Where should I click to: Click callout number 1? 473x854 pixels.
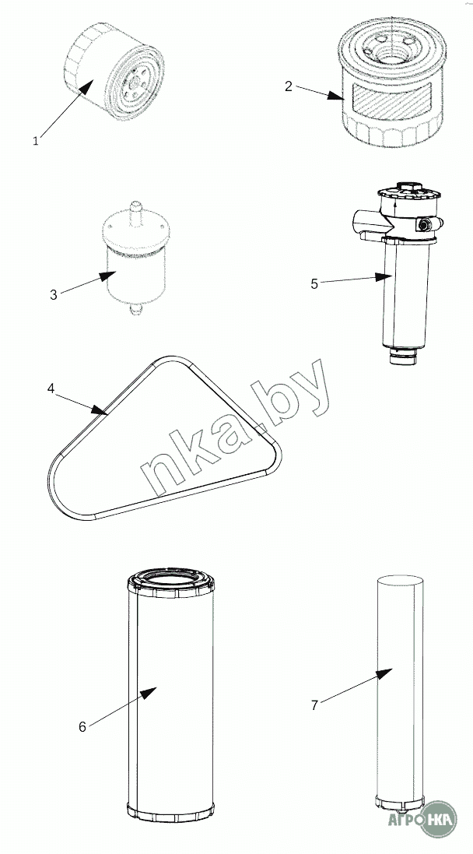36,141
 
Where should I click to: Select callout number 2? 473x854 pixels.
289,86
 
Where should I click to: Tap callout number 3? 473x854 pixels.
54,295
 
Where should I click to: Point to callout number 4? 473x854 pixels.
51,389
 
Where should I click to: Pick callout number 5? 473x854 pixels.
314,284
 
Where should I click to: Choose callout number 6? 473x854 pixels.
82,726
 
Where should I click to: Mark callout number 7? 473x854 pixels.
314,705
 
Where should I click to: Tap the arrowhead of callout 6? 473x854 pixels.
149,692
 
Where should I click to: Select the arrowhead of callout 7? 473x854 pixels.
384,673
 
